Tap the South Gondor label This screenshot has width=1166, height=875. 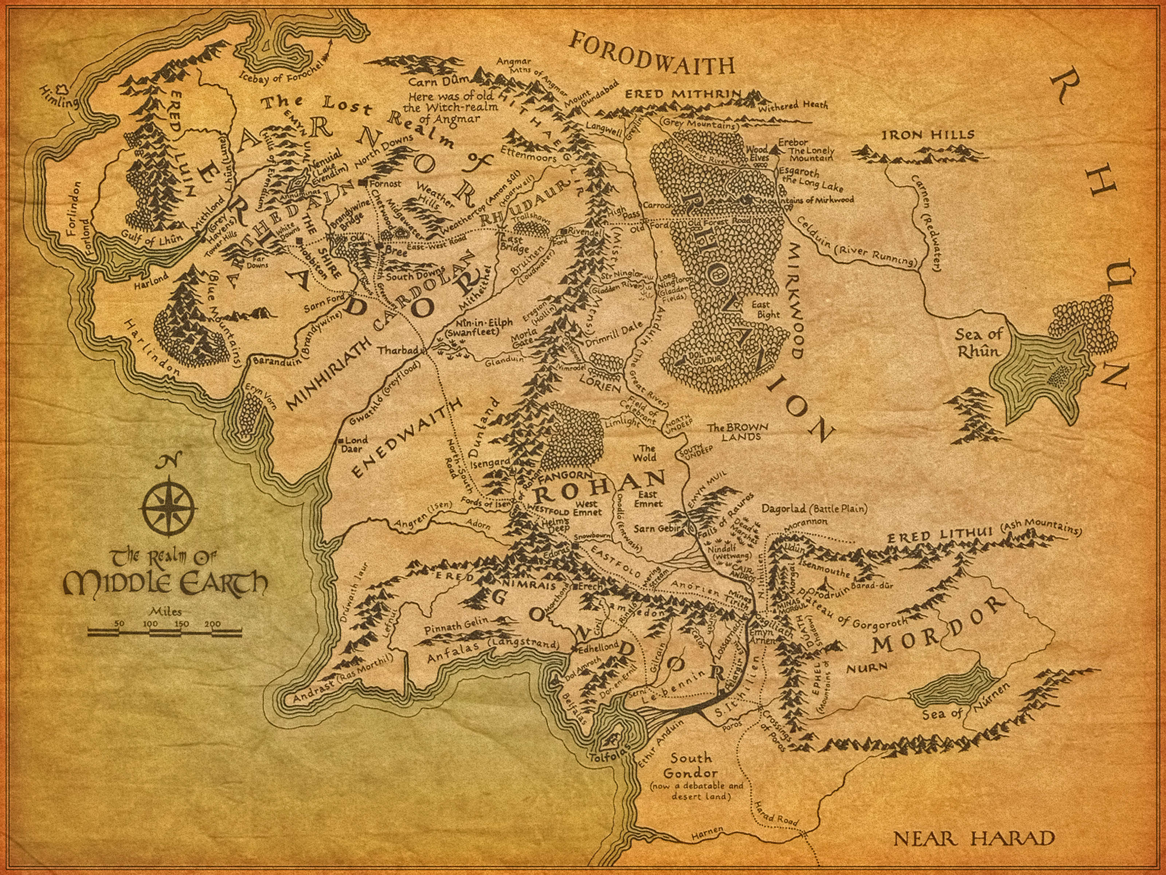(690, 765)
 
